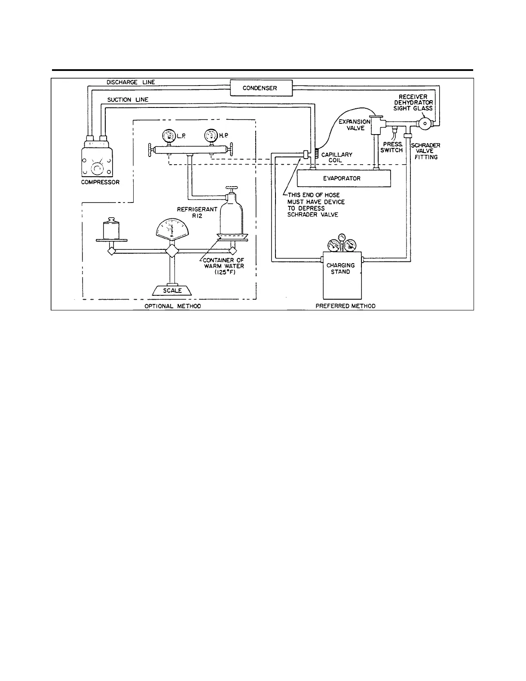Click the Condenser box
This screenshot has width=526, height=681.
pyautogui.click(x=260, y=88)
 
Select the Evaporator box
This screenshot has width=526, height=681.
pyautogui.click(x=342, y=178)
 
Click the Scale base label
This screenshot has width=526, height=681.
pyautogui.click(x=172, y=291)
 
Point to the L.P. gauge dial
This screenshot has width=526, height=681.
pyautogui.click(x=168, y=137)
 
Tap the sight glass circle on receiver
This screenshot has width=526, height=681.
pyautogui.click(x=425, y=123)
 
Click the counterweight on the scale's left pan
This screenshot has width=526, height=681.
pyautogui.click(x=111, y=228)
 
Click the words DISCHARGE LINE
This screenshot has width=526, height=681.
pyautogui.click(x=131, y=82)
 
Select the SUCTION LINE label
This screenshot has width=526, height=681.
pyautogui.click(x=128, y=100)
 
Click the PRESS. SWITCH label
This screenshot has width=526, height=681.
pyautogui.click(x=391, y=147)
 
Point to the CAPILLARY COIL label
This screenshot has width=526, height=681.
pyautogui.click(x=337, y=157)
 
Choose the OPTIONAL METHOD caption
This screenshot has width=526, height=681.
pyautogui.click(x=173, y=306)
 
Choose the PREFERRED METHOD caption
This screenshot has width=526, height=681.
pyautogui.click(x=346, y=306)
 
